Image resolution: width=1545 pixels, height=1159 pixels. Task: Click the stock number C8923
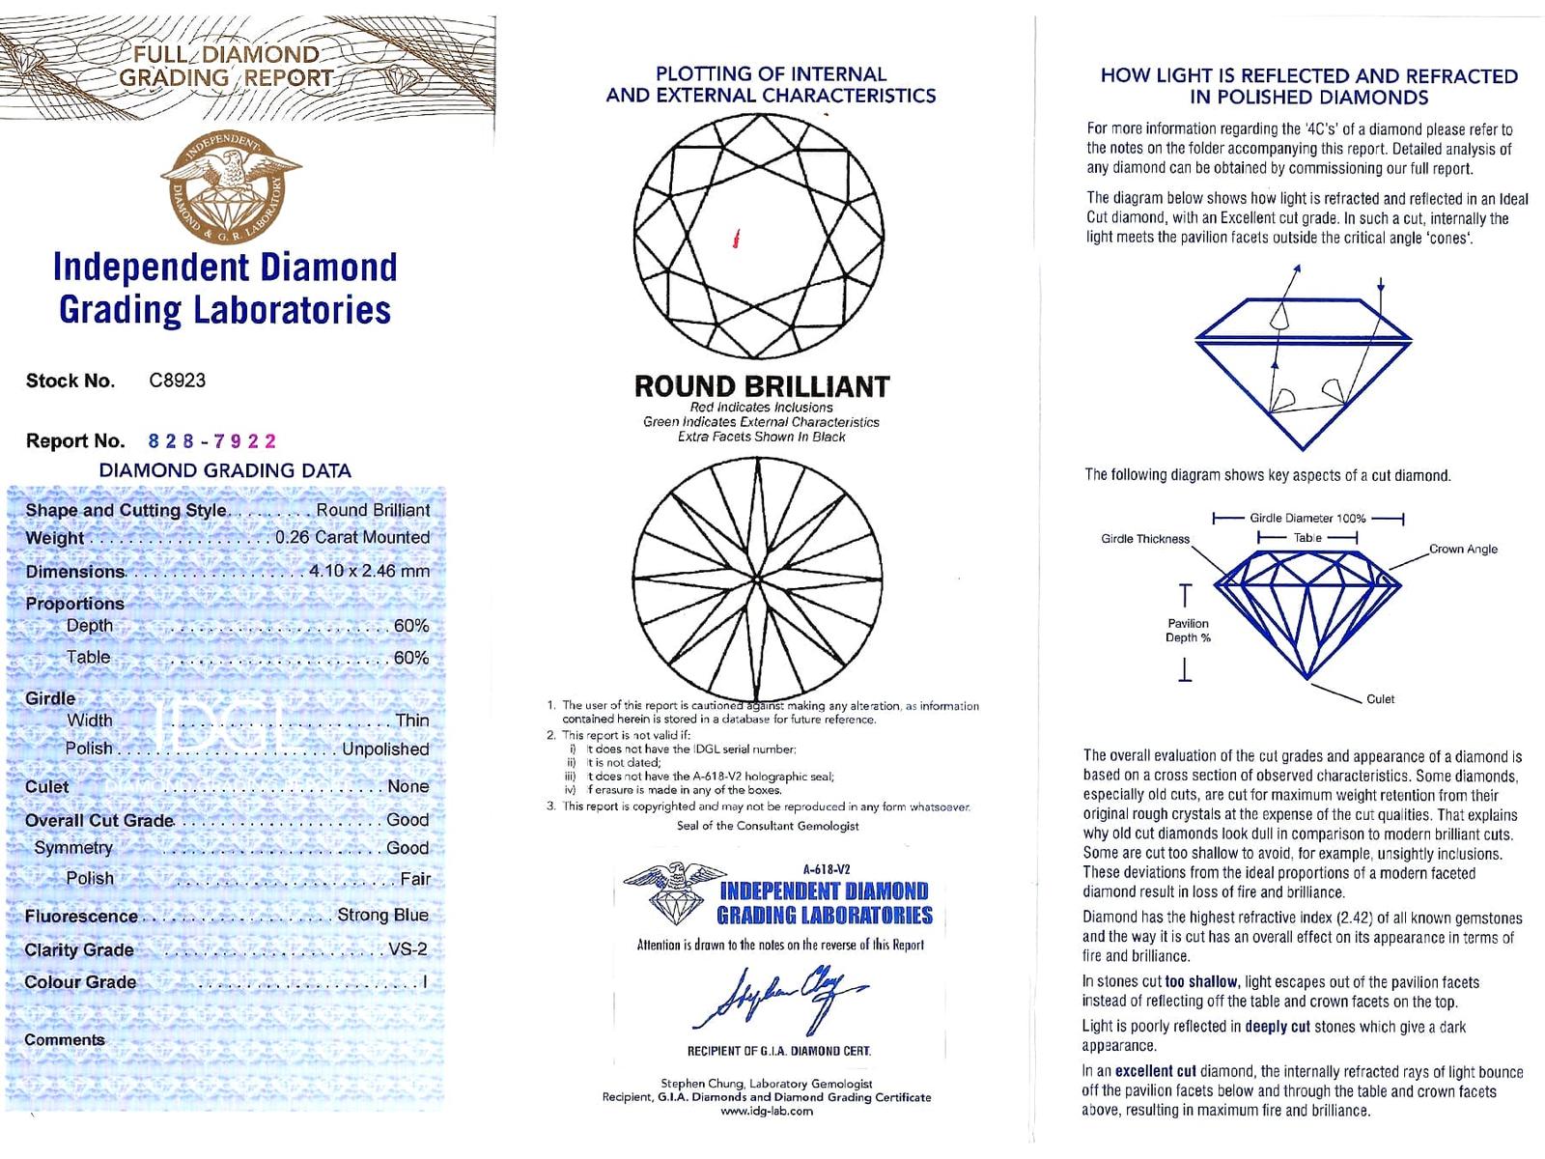[x=177, y=381]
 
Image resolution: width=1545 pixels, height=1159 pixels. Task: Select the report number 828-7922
[x=211, y=441]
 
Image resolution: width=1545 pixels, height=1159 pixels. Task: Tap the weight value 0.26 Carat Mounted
[x=352, y=538]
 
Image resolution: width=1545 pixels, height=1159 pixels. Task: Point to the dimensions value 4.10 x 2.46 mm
[x=369, y=571]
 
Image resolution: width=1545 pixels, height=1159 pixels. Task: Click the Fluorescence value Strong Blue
[x=382, y=915]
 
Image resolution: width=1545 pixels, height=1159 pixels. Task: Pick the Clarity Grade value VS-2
[x=407, y=949]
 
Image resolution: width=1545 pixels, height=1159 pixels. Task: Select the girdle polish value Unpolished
[x=385, y=749]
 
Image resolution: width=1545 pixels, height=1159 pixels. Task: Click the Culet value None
[x=407, y=786]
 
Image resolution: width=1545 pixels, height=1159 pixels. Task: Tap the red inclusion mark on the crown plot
[x=737, y=238]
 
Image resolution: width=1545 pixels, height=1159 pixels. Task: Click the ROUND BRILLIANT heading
[x=761, y=387]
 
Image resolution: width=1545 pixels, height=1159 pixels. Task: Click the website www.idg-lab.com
[x=767, y=1111]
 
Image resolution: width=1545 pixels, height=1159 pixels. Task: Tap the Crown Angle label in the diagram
[x=1463, y=549]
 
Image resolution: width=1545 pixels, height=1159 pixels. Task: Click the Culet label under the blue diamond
[x=1380, y=699]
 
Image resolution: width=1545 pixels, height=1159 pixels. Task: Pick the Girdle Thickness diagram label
[x=1144, y=539]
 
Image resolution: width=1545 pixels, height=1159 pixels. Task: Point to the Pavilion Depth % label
[x=1188, y=631]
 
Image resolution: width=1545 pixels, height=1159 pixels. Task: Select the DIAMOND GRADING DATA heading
[x=225, y=471]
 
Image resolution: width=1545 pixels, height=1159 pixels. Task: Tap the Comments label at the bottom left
[x=65, y=1040]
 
